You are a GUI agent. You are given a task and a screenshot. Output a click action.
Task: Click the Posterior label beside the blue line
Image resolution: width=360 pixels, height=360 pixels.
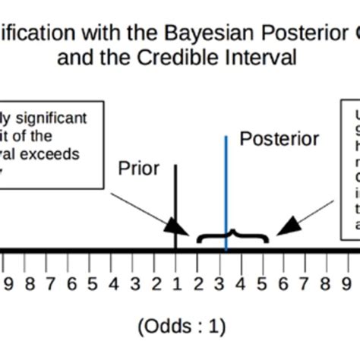pyautogui.click(x=279, y=139)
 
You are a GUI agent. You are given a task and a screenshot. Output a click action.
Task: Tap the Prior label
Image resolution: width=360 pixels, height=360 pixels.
pyautogui.click(x=138, y=167)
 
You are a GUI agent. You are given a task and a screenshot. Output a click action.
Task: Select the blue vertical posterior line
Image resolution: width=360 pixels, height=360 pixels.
pyautogui.click(x=226, y=182)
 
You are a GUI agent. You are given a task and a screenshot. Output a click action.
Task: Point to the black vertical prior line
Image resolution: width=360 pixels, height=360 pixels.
pyautogui.click(x=175, y=197)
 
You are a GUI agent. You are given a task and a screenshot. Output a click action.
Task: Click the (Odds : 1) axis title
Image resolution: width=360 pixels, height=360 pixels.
pyautogui.click(x=182, y=326)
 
